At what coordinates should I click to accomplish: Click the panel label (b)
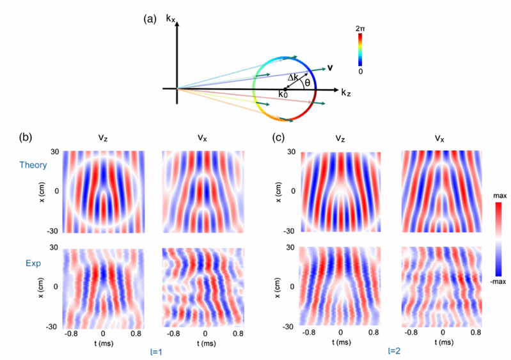26,137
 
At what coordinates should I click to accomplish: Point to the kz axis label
345,93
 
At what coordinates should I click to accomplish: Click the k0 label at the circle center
283,95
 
